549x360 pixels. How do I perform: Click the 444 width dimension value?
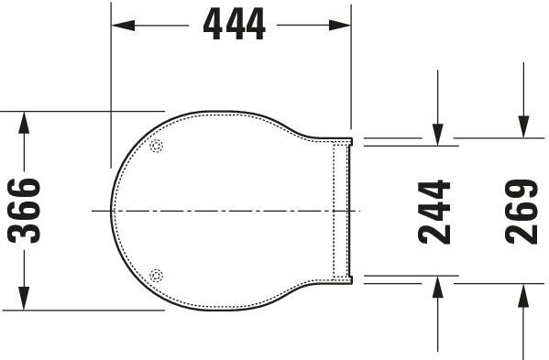pyautogui.click(x=235, y=24)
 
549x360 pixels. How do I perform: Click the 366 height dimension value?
pyautogui.click(x=24, y=211)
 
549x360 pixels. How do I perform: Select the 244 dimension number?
pyautogui.click(x=434, y=212)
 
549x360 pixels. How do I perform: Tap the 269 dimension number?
pyautogui.click(x=522, y=212)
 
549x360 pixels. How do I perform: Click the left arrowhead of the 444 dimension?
pyautogui.click(x=123, y=25)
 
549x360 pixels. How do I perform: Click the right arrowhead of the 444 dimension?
pyautogui.click(x=339, y=25)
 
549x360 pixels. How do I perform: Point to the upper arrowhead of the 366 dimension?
pyautogui.click(x=24, y=123)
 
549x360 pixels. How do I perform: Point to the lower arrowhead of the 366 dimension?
pyautogui.click(x=24, y=298)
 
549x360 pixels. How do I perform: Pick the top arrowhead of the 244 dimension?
pyautogui.click(x=438, y=135)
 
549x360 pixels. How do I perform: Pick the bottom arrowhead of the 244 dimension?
pyautogui.click(x=438, y=287)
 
